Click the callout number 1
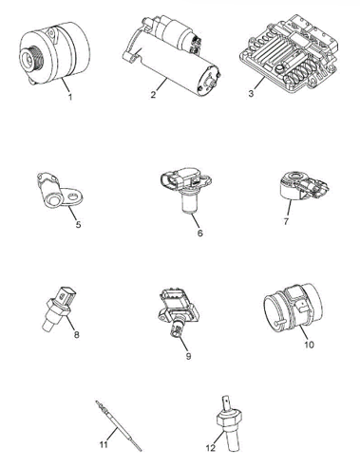point(70,97)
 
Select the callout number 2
point(153,94)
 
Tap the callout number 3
point(251,94)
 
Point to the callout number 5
point(78,224)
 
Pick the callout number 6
point(199,234)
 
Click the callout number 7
point(286,221)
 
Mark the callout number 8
point(76,334)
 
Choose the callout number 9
point(188,356)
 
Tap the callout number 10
point(309,345)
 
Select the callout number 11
point(104,444)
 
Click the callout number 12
point(211,448)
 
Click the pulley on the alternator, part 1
point(31,58)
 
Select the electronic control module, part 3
point(288,53)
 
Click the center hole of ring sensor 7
point(296,175)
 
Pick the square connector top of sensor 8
point(67,295)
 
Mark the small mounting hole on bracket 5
point(74,197)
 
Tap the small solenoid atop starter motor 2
point(176,31)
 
